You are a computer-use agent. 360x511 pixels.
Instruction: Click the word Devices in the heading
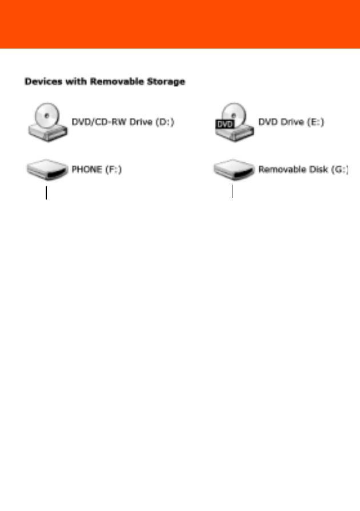[x=43, y=82]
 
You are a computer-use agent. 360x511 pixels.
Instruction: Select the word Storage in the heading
[x=166, y=82]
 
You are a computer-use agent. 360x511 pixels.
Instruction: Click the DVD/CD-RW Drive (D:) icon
[x=47, y=122]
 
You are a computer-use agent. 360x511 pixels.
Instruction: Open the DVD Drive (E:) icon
[x=234, y=122]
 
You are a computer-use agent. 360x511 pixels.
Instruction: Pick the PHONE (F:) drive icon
[x=47, y=169]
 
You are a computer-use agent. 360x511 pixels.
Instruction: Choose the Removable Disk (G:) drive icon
[x=234, y=169]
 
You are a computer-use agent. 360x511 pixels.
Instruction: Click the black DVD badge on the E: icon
[x=225, y=124]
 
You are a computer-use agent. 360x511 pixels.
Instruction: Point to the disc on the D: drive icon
[x=47, y=115]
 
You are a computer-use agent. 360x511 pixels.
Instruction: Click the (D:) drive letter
[x=165, y=122]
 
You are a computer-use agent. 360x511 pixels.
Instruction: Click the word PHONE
[x=87, y=169]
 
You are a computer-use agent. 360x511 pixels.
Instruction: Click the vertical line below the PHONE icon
[x=46, y=193]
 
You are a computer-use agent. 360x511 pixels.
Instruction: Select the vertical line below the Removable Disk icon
[x=233, y=191]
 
